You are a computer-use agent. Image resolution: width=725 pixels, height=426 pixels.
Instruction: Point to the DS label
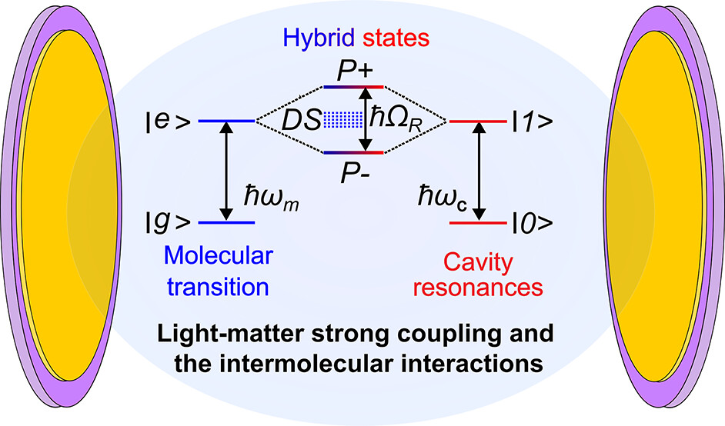click(x=301, y=120)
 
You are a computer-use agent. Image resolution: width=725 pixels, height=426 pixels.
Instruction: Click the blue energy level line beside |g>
click(x=226, y=223)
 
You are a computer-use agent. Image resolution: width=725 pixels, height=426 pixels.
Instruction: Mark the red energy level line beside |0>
click(x=476, y=223)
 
